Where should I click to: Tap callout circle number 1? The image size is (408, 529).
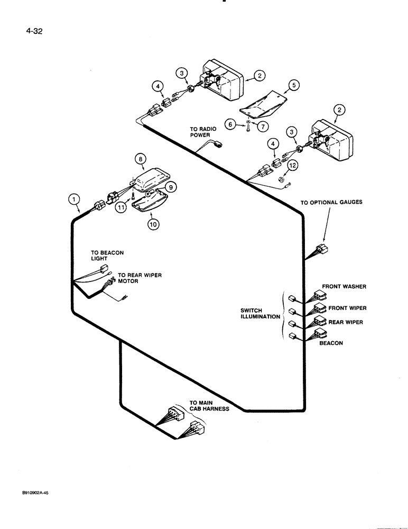(x=75, y=199)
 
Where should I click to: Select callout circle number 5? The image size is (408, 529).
(x=293, y=85)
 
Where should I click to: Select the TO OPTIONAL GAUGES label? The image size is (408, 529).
(x=331, y=202)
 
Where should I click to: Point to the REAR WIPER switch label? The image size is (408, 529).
(x=346, y=322)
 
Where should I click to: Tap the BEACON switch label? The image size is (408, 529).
(x=331, y=343)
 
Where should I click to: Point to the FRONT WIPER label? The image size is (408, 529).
(x=347, y=308)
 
